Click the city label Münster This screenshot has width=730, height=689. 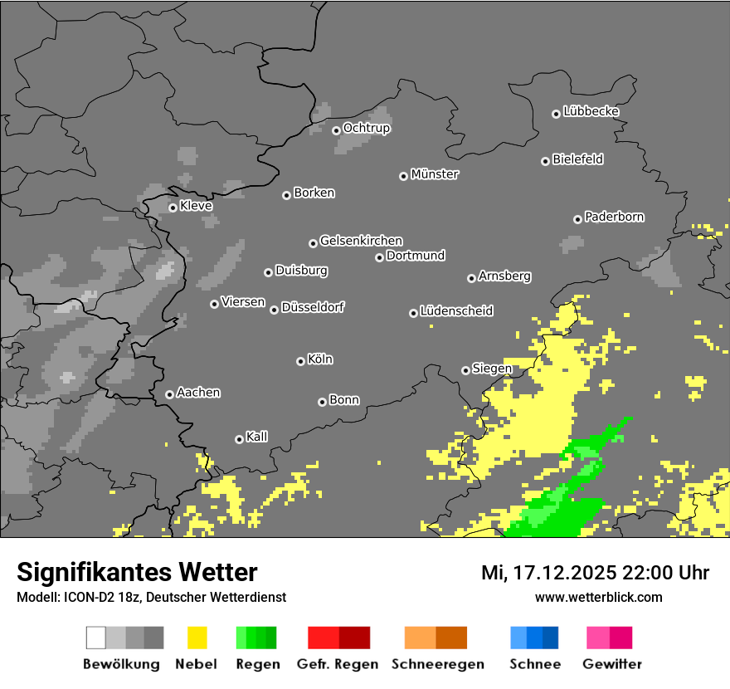pyautogui.click(x=435, y=174)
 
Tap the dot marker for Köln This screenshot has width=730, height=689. pyautogui.click(x=300, y=361)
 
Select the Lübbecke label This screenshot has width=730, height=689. pyautogui.click(x=591, y=111)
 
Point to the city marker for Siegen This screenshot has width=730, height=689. pyautogui.click(x=465, y=370)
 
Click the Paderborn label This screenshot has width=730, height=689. pyautogui.click(x=614, y=217)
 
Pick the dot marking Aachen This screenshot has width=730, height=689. pyautogui.click(x=169, y=394)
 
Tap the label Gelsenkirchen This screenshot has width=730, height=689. pyautogui.click(x=361, y=241)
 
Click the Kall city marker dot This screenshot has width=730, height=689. pyautogui.click(x=239, y=439)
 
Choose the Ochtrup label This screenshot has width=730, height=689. pyautogui.click(x=366, y=128)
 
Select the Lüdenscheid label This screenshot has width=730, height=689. pyautogui.click(x=456, y=311)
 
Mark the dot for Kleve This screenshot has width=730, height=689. pyautogui.click(x=173, y=208)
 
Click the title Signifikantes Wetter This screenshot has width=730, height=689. pyautogui.click(x=137, y=572)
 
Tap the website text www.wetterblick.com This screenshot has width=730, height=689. pyautogui.click(x=598, y=597)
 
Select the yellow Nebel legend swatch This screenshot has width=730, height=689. pyautogui.click(x=197, y=638)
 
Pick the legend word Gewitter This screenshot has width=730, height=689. pyautogui.click(x=611, y=664)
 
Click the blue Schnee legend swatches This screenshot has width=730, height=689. pyautogui.click(x=534, y=638)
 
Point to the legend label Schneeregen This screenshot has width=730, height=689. pyautogui.click(x=437, y=664)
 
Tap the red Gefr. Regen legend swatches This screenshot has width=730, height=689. pyautogui.click(x=338, y=638)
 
